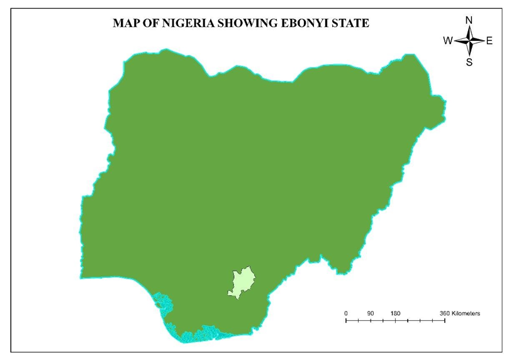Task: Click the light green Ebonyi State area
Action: (x=241, y=281)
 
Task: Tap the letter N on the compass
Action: (x=469, y=20)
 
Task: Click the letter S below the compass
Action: (x=469, y=62)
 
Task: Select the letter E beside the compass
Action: (x=489, y=41)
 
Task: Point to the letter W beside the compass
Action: (x=447, y=41)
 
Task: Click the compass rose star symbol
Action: (x=469, y=41)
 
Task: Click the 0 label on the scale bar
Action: (x=345, y=313)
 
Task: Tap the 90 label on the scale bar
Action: (x=371, y=313)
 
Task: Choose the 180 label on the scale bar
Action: (x=395, y=313)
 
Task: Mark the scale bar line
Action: (x=395, y=320)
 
